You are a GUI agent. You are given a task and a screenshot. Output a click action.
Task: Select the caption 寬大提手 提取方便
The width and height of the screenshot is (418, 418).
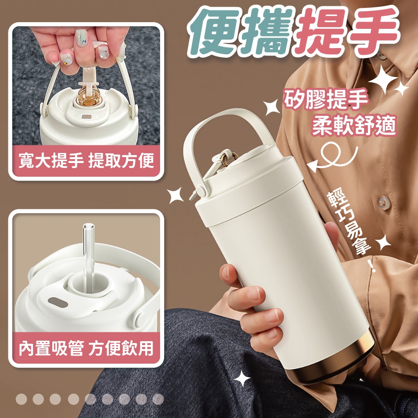86,161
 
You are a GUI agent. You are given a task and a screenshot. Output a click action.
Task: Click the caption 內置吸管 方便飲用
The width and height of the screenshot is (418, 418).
86,348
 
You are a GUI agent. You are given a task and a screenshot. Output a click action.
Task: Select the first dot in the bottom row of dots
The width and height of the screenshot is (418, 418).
21,399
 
